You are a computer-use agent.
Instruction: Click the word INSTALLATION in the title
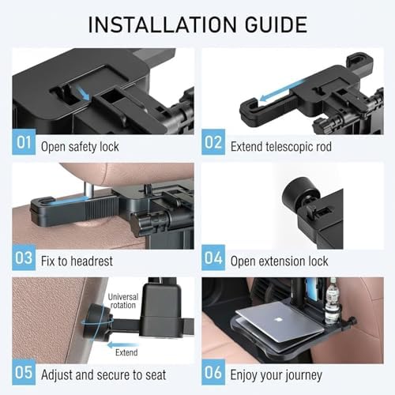point(162,24)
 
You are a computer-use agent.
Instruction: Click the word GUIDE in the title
point(276,24)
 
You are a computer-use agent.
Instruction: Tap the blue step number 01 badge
point(24,142)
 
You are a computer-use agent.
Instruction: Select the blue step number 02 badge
point(213,142)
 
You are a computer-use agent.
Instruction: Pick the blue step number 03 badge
point(24,258)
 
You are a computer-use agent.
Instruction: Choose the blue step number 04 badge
point(213,258)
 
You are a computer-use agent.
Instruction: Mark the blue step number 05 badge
point(24,372)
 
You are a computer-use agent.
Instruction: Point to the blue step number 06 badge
point(213,372)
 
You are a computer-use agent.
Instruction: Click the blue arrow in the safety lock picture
point(84,94)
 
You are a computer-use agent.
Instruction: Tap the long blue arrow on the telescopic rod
point(282,90)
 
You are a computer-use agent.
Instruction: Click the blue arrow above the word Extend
point(123,344)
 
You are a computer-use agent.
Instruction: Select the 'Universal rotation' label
point(123,301)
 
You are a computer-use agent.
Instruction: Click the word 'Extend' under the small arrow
point(126,352)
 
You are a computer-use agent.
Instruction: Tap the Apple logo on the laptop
point(277,320)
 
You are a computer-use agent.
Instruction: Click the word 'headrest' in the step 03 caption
point(92,261)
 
